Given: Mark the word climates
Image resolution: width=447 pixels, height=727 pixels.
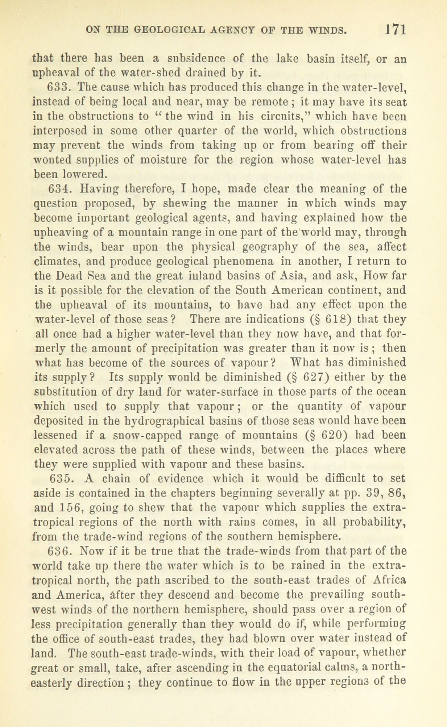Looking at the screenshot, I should coord(55,262).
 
